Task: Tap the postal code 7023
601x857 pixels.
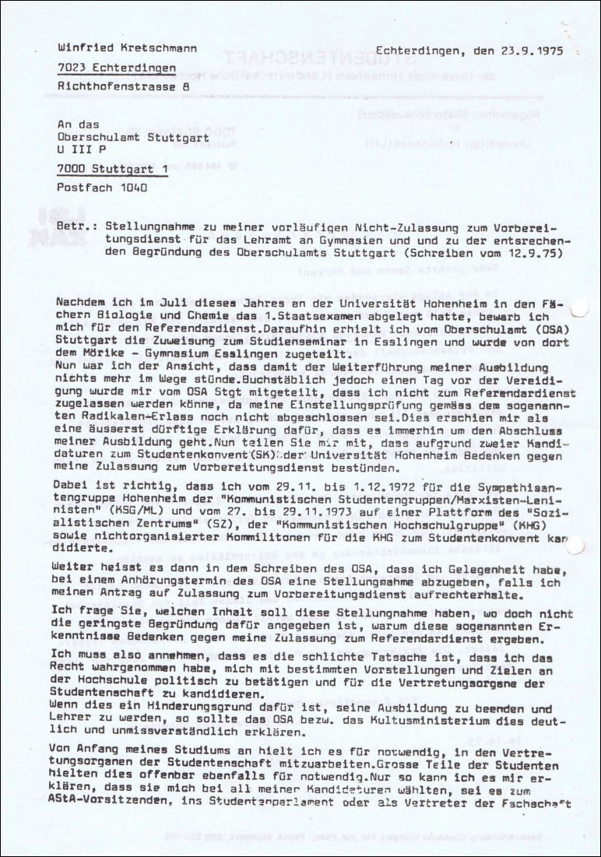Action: tap(71, 68)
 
